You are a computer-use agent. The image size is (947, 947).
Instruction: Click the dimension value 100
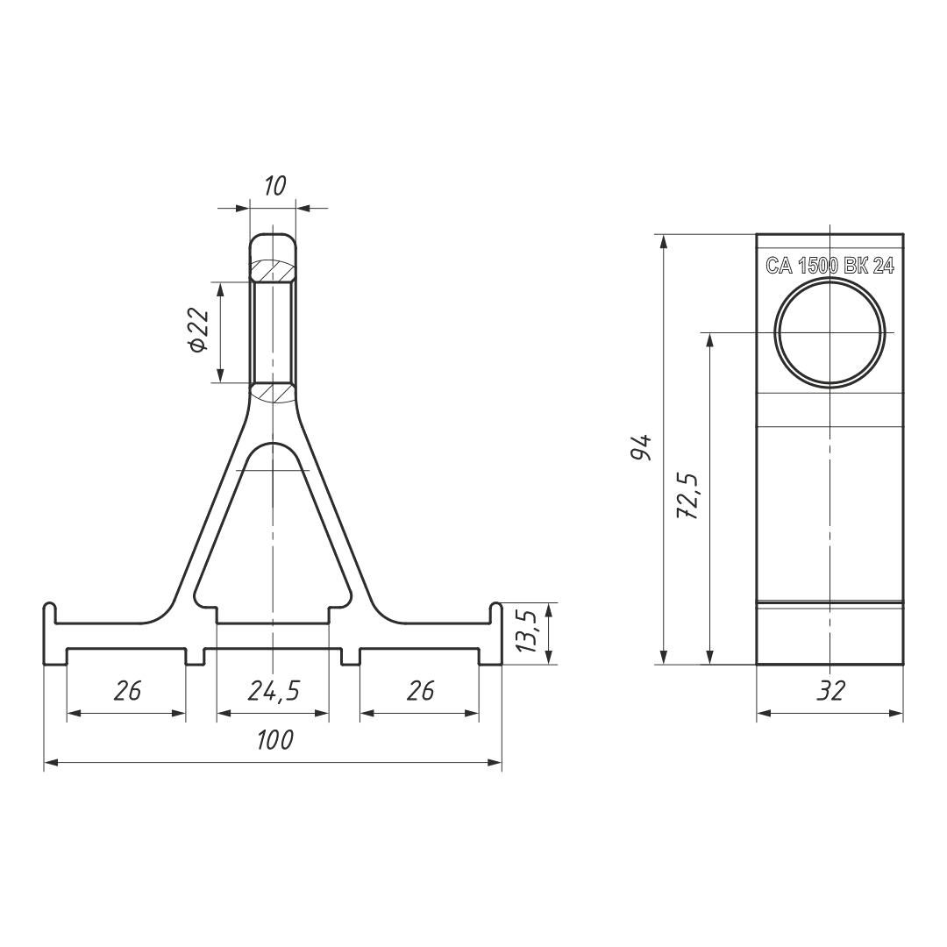[275, 740]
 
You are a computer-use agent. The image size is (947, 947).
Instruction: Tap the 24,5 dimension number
[274, 691]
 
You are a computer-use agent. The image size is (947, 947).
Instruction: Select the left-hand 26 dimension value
[127, 690]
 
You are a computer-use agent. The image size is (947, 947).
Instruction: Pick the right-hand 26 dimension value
[420, 690]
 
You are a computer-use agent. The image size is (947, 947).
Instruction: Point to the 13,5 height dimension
[527, 631]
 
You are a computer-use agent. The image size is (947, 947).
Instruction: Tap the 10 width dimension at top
[274, 186]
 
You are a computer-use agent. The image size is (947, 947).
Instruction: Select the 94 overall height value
[641, 447]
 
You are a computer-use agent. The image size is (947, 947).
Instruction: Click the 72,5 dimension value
[688, 496]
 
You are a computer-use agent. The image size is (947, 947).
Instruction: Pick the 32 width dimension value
[830, 690]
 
